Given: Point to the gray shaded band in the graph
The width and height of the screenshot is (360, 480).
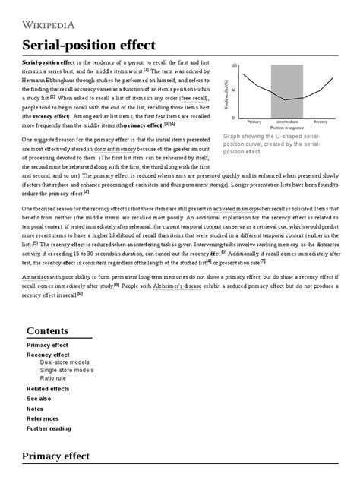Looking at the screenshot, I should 287,91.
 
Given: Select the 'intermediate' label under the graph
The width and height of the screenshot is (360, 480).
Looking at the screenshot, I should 287,122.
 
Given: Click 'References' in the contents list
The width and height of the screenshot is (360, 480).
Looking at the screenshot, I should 43,418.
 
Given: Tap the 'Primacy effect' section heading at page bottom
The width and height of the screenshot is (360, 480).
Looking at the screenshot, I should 56,456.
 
